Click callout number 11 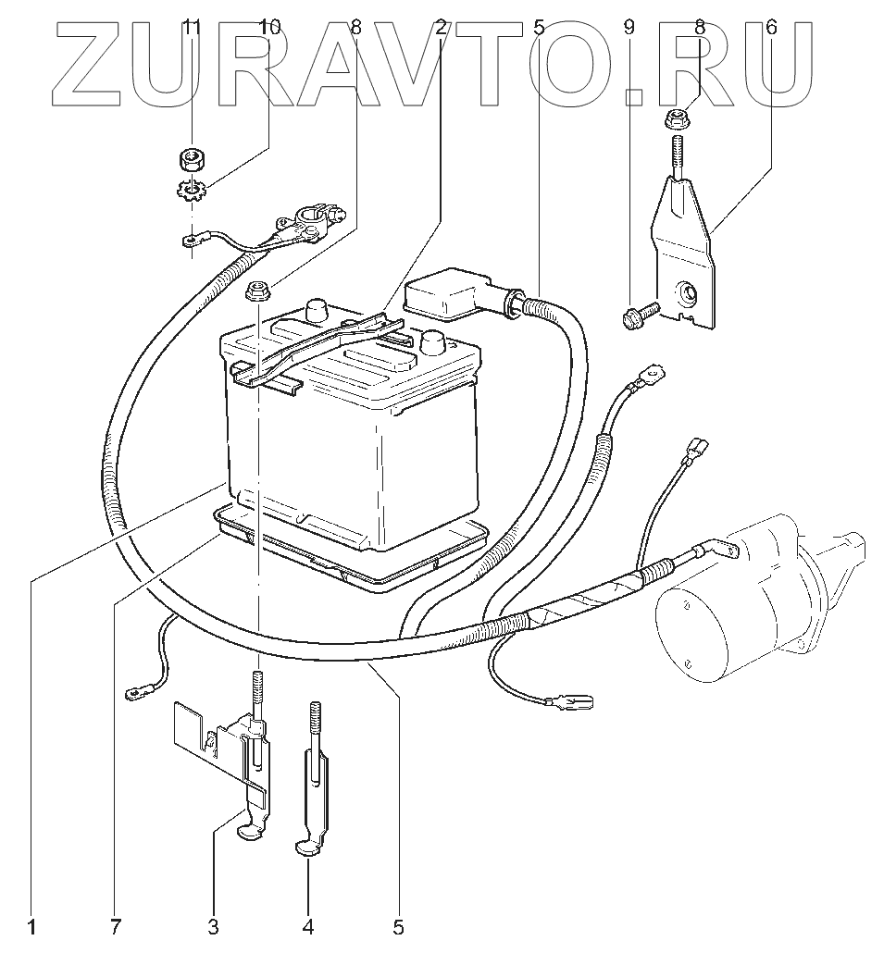click(x=192, y=27)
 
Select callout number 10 click(x=268, y=27)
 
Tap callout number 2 click(x=442, y=27)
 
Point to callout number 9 click(x=629, y=27)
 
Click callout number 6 click(x=772, y=27)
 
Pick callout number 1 click(x=31, y=926)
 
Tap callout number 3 click(x=213, y=926)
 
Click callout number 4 click(x=309, y=926)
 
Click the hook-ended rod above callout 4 click(x=312, y=786)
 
